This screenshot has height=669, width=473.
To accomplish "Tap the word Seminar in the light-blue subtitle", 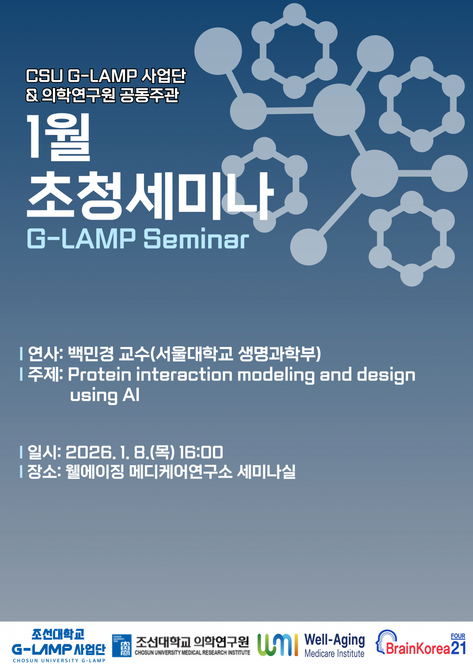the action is click(196, 239).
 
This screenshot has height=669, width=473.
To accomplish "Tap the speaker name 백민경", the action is click(91, 354).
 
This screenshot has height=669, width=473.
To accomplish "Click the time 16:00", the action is click(201, 452).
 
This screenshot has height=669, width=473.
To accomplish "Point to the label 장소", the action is click(42, 472).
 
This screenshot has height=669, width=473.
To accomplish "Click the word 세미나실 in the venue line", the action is click(266, 472).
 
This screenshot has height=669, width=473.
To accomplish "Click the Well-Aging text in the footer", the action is click(335, 640).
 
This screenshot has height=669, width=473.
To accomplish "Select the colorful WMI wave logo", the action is click(278, 644).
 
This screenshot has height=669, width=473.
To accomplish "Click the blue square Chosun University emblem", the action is click(122, 645).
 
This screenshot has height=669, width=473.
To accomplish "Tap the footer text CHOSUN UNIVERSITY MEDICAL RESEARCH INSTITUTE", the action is click(192, 653).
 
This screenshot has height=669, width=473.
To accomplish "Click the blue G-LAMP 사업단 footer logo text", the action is click(58, 648).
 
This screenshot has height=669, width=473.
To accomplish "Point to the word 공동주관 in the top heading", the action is click(149, 95).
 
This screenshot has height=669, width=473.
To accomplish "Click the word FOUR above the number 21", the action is click(458, 636).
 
